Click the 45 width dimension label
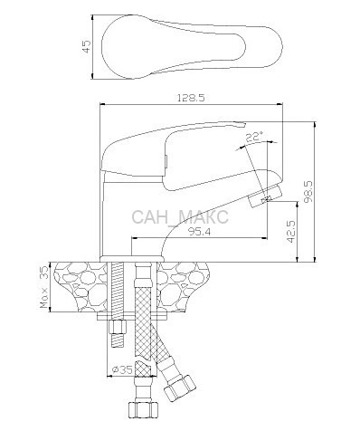[87, 46]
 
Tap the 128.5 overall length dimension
[191, 98]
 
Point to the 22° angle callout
[254, 137]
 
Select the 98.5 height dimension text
[308, 192]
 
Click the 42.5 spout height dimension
[291, 231]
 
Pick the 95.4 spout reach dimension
[200, 232]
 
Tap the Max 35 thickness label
[44, 287]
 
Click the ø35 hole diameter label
[122, 369]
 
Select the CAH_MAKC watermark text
[180, 216]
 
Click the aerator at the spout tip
[265, 196]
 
